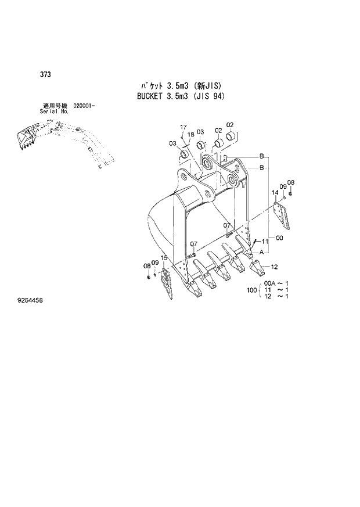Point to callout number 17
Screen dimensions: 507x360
tap(182, 127)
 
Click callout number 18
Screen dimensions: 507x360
tap(190, 135)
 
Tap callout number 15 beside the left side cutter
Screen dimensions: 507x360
tap(164, 257)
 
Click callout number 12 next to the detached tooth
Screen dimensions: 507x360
tap(275, 267)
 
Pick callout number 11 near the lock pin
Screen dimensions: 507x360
tap(264, 240)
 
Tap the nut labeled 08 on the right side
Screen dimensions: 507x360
tap(290, 193)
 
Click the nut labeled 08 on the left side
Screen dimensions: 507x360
tap(149, 275)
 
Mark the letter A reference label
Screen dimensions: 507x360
tap(261, 252)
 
